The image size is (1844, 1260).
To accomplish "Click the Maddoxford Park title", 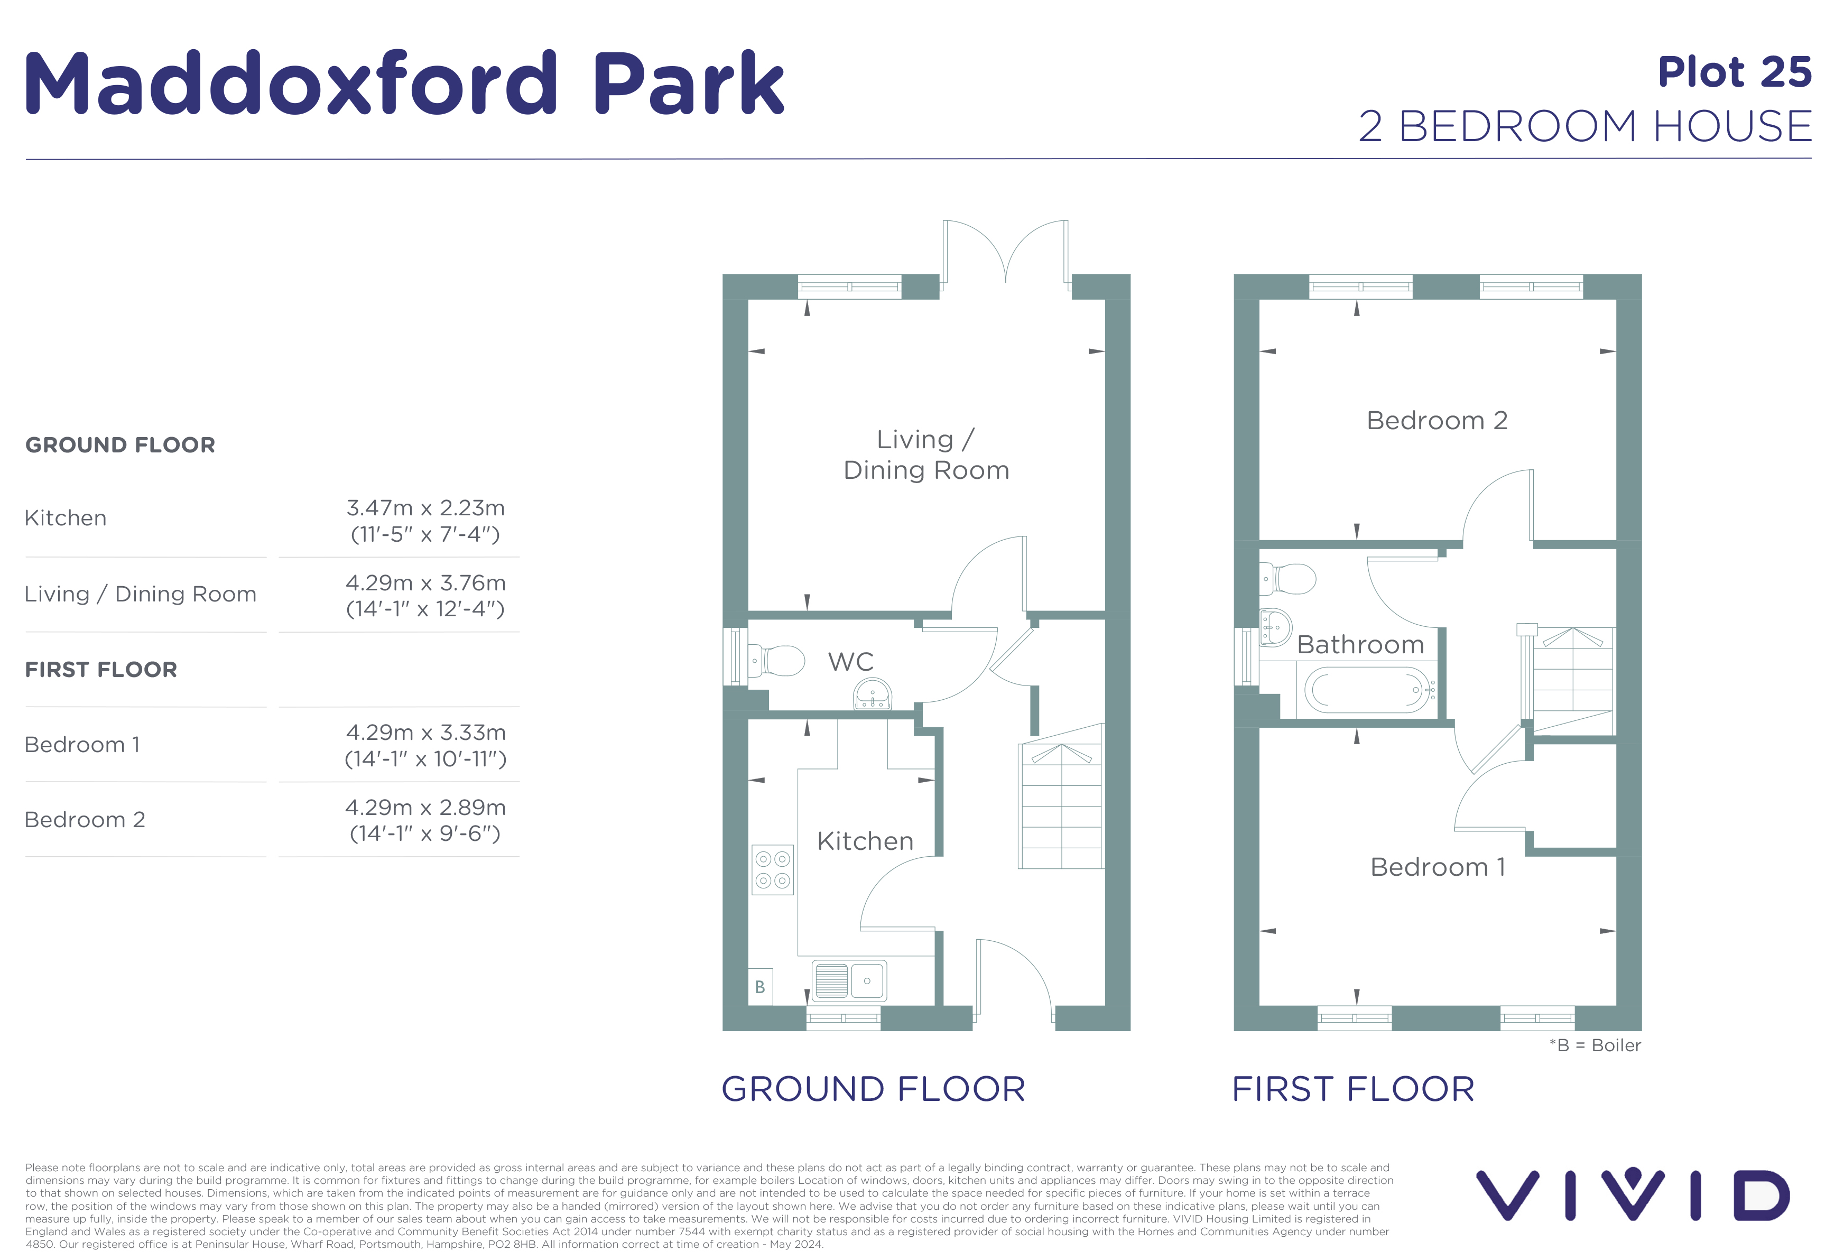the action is point(405,82).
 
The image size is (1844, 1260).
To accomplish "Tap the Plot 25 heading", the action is point(1735,72).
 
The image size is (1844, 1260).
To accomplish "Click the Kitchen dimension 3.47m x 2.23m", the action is point(425,508).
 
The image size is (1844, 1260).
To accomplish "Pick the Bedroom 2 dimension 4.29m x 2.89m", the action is point(425,808).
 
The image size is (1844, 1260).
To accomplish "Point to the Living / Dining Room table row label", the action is point(141,594).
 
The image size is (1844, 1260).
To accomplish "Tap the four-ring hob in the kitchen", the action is point(773,869).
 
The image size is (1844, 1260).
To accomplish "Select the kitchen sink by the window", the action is point(849,981).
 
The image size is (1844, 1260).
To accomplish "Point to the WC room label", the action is point(850,662).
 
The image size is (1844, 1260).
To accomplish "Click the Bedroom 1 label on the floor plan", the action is point(1438,867).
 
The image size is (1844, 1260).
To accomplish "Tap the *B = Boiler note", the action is point(1595,1046).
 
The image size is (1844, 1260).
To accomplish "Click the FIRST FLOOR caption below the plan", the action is point(1354,1089).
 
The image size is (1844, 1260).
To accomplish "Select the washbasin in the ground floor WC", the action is point(873,695).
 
